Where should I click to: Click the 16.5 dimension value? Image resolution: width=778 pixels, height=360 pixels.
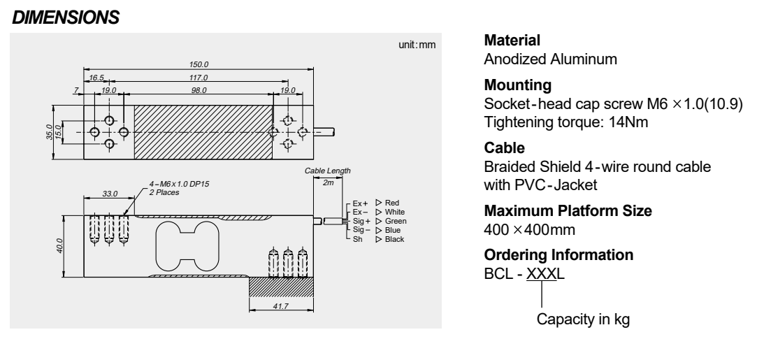pos(96,78)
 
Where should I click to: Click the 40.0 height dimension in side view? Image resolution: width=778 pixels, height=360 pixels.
pos(61,246)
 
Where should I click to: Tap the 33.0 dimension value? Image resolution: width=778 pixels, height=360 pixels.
pos(110,193)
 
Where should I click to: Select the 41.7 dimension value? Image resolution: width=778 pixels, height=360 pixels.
pos(281,305)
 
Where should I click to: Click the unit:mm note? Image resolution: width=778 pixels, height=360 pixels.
pos(417,45)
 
